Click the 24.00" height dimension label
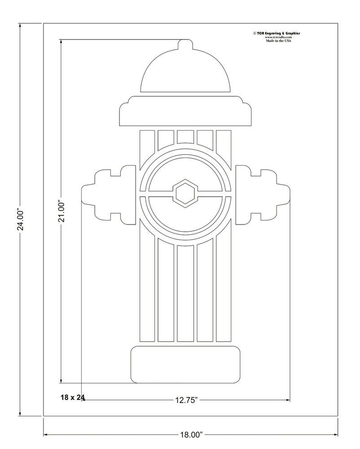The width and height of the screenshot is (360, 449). pyautogui.click(x=20, y=219)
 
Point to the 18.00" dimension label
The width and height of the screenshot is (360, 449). pyautogui.click(x=191, y=435)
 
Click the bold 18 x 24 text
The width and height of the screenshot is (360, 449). pyautogui.click(x=73, y=397)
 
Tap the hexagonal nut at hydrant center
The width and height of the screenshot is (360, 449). pyautogui.click(x=185, y=194)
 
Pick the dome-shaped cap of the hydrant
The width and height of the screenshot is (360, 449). pyautogui.click(x=185, y=74)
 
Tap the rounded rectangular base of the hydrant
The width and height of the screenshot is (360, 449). pyautogui.click(x=185, y=365)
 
